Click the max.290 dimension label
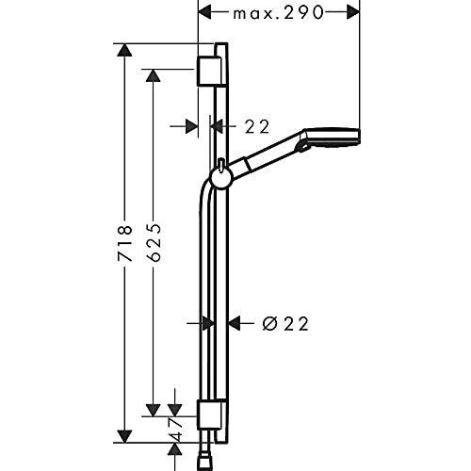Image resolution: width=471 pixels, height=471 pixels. pyautogui.click(x=278, y=13)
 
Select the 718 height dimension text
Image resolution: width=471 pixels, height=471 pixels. pyautogui.click(x=124, y=243)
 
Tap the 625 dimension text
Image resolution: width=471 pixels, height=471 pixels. pyautogui.click(x=154, y=242)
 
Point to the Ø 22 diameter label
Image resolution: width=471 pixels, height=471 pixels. pyautogui.click(x=285, y=324)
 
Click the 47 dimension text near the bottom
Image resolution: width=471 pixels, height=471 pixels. pyautogui.click(x=175, y=428)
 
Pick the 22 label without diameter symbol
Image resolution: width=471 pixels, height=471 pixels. pyautogui.click(x=257, y=127)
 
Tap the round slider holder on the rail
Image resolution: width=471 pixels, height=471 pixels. pyautogui.click(x=220, y=178)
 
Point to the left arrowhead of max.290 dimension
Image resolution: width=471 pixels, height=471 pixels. pyautogui.click(x=204, y=12)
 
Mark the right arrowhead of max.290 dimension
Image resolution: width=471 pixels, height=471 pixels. pyautogui.click(x=352, y=12)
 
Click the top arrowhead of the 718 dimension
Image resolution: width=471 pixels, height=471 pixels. pyautogui.click(x=124, y=50)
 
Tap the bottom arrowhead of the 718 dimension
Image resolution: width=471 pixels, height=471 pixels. pyautogui.click(x=124, y=436)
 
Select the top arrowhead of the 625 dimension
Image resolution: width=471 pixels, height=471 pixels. pyautogui.click(x=154, y=75)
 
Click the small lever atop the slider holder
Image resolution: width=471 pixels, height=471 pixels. pyautogui.click(x=221, y=165)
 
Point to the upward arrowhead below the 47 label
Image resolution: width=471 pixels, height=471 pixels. pyautogui.click(x=175, y=449)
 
